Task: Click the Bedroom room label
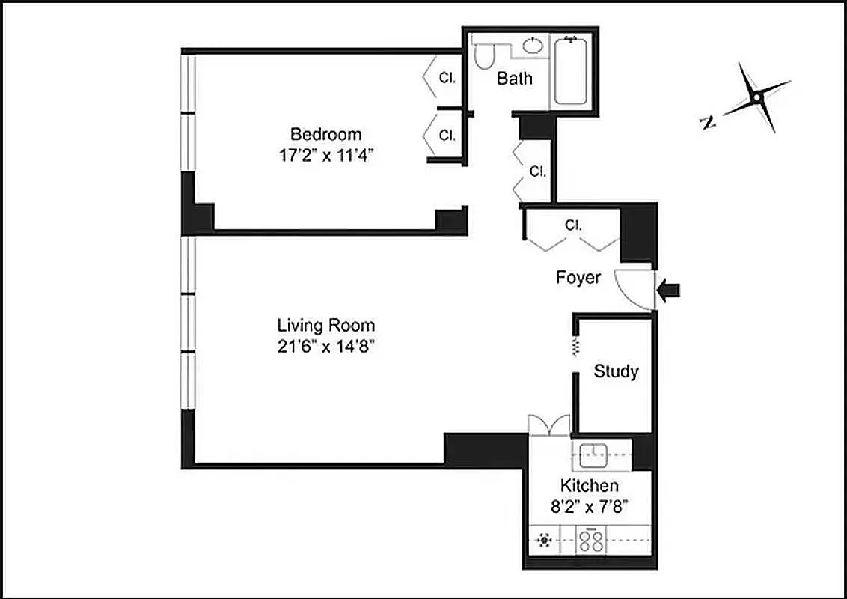[325, 135]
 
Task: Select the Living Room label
[325, 326]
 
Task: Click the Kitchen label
[590, 486]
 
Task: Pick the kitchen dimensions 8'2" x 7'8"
[590, 505]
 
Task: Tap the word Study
[616, 371]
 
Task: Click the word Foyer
[578, 278]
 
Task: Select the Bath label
[515, 78]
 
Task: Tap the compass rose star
[756, 97]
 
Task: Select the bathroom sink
[532, 46]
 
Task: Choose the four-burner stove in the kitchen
[591, 541]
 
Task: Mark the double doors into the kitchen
[549, 425]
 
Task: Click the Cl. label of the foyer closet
[573, 225]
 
